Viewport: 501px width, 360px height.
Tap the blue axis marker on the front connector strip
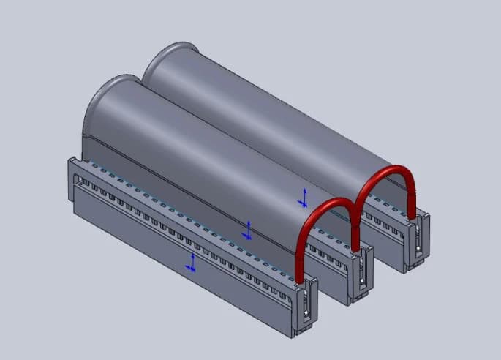(192, 262)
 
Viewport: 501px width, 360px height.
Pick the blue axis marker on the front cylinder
(249, 230)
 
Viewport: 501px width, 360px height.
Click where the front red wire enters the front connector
(301, 279)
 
